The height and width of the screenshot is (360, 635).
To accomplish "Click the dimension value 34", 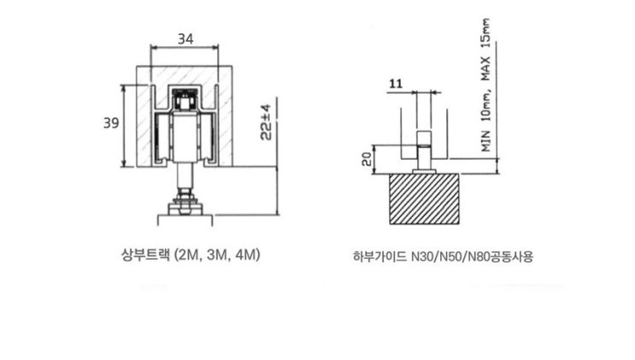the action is click(x=185, y=39).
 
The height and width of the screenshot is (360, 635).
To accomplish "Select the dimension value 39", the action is click(x=111, y=123).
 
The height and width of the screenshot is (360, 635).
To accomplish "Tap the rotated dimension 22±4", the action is click(x=266, y=122).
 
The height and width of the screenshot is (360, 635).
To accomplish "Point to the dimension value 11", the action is click(x=396, y=84).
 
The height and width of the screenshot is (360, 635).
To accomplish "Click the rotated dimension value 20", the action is click(x=367, y=159).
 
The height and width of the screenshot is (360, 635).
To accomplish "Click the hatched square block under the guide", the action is click(x=424, y=198).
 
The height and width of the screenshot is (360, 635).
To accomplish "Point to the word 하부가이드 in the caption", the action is click(x=379, y=257).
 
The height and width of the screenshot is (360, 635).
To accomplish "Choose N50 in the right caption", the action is click(x=450, y=257).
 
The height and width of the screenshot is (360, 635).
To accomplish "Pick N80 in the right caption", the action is click(x=479, y=257).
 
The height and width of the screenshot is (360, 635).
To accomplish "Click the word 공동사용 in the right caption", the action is click(x=511, y=257).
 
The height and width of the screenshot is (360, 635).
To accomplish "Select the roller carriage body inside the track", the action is click(x=185, y=137).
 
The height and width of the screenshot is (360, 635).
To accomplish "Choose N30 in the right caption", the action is click(x=421, y=257).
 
